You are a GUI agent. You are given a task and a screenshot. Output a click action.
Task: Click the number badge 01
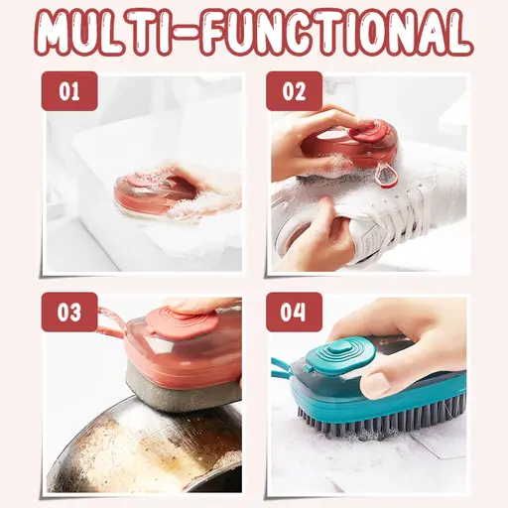coord(69,93)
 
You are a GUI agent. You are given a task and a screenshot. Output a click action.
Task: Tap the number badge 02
coord(294,93)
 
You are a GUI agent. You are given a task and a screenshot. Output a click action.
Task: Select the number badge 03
coord(69,313)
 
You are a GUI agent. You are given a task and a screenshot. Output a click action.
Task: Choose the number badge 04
coord(294,313)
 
